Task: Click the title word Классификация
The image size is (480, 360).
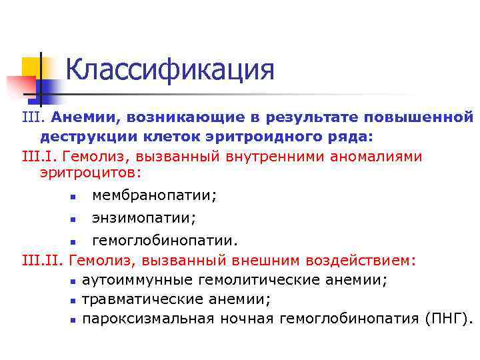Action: [170, 69]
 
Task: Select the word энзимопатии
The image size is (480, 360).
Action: [143, 218]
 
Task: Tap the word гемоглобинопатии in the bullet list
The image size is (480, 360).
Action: [163, 240]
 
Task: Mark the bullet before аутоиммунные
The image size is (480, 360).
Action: [73, 281]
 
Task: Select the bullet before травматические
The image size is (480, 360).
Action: [73, 300]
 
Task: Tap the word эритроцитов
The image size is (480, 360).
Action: [90, 173]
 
